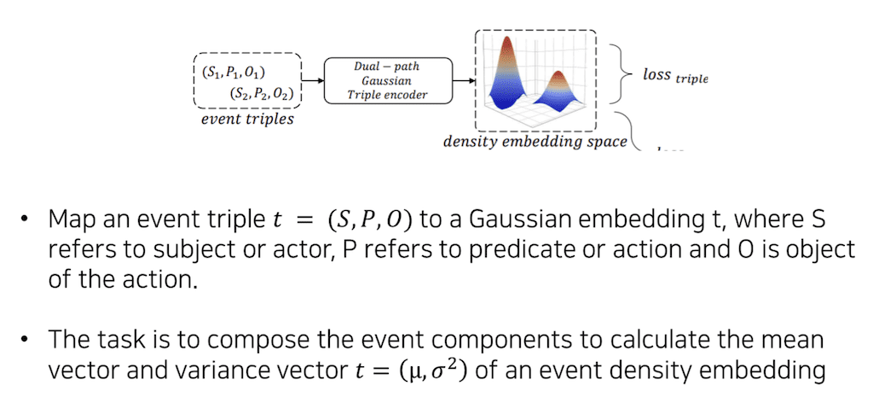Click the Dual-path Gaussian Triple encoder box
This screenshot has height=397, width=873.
(x=387, y=81)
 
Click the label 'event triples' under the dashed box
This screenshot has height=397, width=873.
(x=247, y=119)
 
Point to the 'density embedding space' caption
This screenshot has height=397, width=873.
(x=535, y=141)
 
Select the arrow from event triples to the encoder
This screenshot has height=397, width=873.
(x=314, y=81)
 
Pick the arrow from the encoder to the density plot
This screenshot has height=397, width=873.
(x=463, y=81)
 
